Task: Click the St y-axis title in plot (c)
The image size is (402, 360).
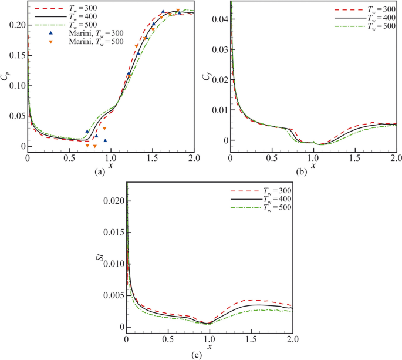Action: coord(106,260)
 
